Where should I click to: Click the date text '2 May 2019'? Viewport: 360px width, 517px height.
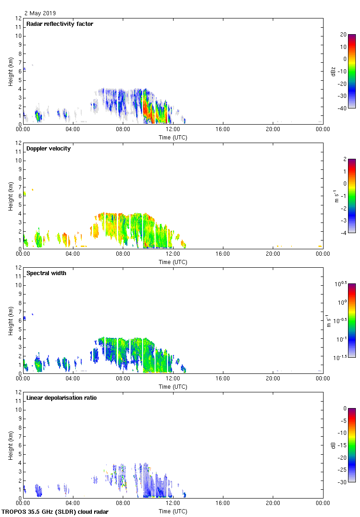pos(40,13)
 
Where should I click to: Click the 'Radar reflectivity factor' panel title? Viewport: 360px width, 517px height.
pos(60,24)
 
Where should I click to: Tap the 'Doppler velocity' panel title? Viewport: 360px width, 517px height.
pos(48,149)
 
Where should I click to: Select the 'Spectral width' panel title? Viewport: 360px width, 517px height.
pos(46,273)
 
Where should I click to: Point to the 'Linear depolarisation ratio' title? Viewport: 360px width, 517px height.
pos(61,398)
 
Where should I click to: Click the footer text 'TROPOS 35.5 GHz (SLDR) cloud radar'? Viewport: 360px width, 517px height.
pos(55,512)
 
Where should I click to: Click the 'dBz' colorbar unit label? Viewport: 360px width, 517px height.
pos(333,71)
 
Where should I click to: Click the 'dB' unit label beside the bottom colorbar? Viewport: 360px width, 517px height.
pos(333,445)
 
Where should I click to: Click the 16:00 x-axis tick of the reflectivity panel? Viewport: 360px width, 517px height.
pos(223,129)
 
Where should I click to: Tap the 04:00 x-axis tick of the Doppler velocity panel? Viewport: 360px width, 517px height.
pos(73,254)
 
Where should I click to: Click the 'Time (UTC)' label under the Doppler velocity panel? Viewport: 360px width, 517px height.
pos(173,262)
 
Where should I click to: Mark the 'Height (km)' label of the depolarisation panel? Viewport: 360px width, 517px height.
pos(11,445)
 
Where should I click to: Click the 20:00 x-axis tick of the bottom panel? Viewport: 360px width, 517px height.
pos(273,503)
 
